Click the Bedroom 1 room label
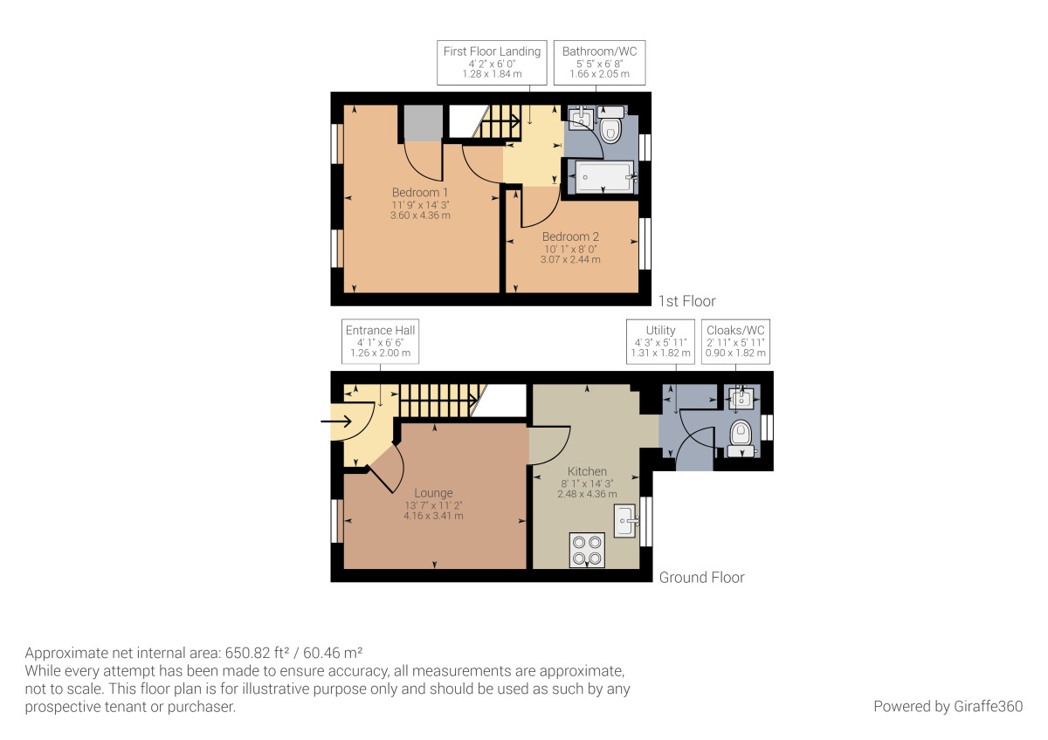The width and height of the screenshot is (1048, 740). (x=420, y=193)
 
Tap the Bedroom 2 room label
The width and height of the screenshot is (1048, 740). (x=570, y=236)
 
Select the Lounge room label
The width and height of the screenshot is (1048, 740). (x=433, y=493)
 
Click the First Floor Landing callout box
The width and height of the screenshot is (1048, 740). (x=492, y=63)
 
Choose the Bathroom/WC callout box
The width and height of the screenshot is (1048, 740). (x=599, y=63)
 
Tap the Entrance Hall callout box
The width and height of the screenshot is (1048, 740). (x=380, y=341)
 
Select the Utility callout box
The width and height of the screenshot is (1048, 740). (x=660, y=341)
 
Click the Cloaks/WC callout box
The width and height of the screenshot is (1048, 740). (x=735, y=341)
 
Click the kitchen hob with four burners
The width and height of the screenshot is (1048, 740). (x=586, y=550)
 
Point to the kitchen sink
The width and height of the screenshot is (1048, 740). (x=626, y=521)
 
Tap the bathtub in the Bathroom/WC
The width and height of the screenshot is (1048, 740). (x=603, y=177)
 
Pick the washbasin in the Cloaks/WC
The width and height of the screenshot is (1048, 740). (x=741, y=399)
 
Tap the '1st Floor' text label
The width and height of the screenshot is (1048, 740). (x=686, y=301)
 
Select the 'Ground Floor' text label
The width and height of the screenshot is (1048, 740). (x=701, y=577)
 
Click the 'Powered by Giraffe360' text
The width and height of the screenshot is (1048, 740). (x=948, y=706)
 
